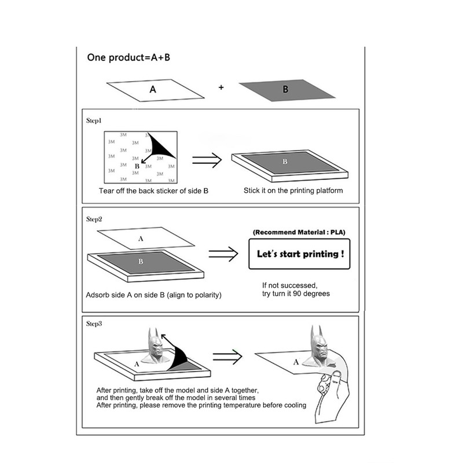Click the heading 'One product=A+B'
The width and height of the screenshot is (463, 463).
pyautogui.click(x=128, y=57)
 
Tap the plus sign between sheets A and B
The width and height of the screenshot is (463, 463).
pyautogui.click(x=221, y=87)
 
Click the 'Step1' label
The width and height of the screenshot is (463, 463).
pyautogui.click(x=94, y=121)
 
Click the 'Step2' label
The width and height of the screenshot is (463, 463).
pyautogui.click(x=94, y=219)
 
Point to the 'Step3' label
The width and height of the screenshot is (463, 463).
pyautogui.click(x=94, y=324)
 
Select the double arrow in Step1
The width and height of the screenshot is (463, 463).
pyautogui.click(x=207, y=160)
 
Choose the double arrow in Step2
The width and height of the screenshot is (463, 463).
pyautogui.click(x=223, y=253)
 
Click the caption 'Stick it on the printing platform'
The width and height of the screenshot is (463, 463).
pyautogui.click(x=293, y=190)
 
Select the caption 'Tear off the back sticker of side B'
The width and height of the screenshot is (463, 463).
pyautogui.click(x=153, y=190)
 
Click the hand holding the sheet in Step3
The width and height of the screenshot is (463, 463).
pyautogui.click(x=336, y=391)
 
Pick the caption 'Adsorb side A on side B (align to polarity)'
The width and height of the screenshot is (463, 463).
pyautogui.click(x=153, y=295)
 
